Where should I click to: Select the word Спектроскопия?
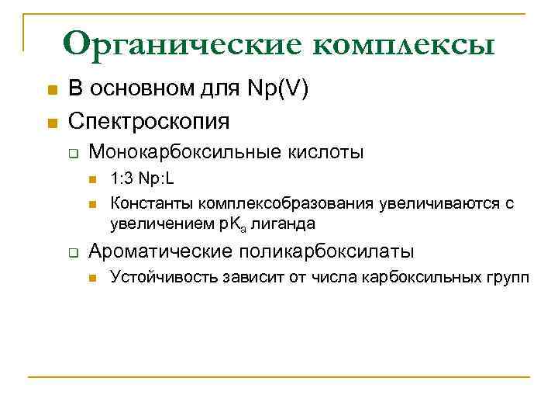150,121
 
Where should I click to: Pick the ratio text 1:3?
122,180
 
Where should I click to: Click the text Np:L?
157,180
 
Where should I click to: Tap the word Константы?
152,203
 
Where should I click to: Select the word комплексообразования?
286,203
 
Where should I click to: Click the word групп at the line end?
509,278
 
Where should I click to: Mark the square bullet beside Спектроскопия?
52,122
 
